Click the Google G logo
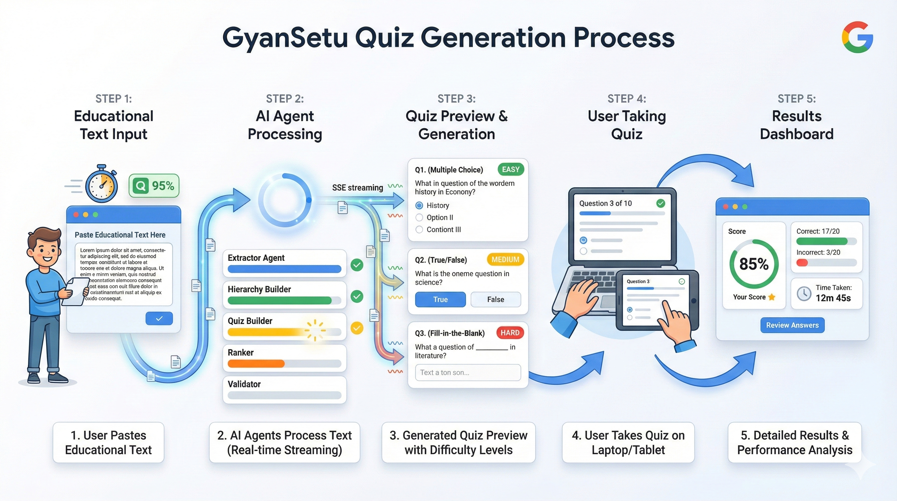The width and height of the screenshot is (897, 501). coord(857,37)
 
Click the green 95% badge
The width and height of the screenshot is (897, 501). coord(154,186)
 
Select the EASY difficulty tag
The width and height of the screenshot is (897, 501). coord(510,169)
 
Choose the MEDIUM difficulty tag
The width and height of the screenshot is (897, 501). coord(505,260)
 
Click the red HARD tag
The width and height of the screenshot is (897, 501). coord(510,333)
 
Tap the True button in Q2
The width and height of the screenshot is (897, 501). coord(440,299)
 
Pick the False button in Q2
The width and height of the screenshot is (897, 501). coord(495,299)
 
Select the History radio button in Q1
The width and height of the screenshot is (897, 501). coord(419,205)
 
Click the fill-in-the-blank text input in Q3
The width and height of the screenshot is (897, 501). coord(468,372)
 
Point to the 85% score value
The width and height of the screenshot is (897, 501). coord(754,264)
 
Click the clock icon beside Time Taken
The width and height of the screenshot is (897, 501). coord(804,293)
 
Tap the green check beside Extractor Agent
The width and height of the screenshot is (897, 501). coord(357,265)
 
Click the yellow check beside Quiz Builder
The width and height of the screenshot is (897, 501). coord(357,328)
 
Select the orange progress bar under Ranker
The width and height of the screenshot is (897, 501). coord(256,364)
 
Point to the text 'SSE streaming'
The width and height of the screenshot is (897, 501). coord(357,188)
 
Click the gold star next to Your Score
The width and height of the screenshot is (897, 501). coord(772,297)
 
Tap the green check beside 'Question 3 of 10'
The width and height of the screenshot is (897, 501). coord(661,203)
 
